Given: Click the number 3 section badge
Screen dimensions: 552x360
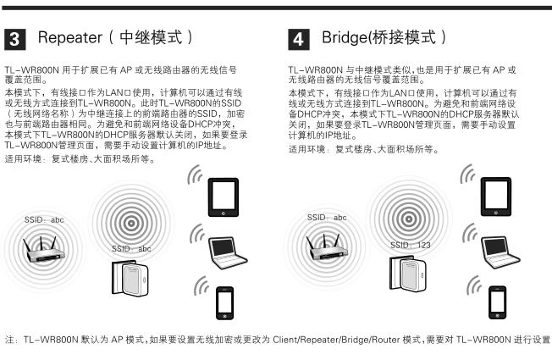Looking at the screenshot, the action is pos(14,39).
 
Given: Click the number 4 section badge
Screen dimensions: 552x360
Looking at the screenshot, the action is pos(299,39).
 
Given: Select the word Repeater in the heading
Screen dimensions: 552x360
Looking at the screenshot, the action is pos(70,37).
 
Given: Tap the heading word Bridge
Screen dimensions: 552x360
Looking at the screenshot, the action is pos(345,37).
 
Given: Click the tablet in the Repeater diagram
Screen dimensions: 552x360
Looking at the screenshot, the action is pos(224,197).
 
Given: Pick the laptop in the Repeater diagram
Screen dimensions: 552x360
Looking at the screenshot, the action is pos(228,252).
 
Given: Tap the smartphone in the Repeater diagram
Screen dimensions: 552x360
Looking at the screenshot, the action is pos(224,303).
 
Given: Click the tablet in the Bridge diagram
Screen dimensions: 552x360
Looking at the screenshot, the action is pos(496,197).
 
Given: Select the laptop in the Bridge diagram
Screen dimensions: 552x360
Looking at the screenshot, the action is pos(500,252).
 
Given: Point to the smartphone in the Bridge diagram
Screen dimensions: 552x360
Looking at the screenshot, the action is pos(498,302).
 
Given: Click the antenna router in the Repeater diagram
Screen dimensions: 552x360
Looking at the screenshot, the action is pos(43,250).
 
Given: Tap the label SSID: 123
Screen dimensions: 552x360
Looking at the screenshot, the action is pos(410,245).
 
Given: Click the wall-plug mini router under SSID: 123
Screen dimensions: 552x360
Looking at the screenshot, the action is pos(408,274).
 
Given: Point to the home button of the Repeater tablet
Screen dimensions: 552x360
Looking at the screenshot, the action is pos(224,213).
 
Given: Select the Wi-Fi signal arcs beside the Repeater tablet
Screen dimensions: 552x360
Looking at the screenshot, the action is pos(195,174).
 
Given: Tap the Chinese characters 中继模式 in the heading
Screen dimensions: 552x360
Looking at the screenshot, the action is pos(151,37).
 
